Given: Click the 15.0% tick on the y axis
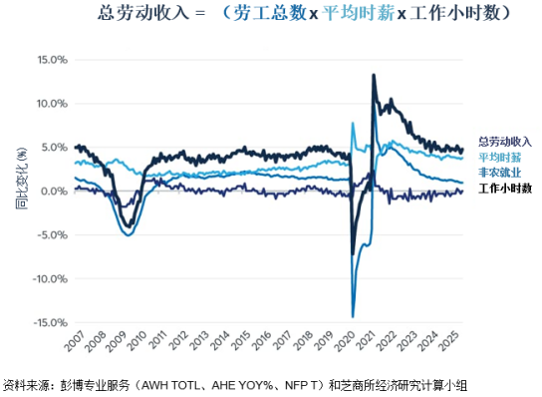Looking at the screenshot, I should point(50,59).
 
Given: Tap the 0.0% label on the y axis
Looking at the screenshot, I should point(52,192).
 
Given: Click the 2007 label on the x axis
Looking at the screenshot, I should point(74,348).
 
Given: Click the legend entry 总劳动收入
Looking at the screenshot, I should point(505,142).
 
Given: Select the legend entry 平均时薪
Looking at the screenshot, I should point(499,157).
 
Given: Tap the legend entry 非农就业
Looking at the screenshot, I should point(499,172).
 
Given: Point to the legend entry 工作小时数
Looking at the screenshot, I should point(505,188).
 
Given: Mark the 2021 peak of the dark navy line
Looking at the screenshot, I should point(373,75).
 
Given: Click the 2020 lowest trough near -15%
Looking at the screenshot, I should point(353,316).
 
